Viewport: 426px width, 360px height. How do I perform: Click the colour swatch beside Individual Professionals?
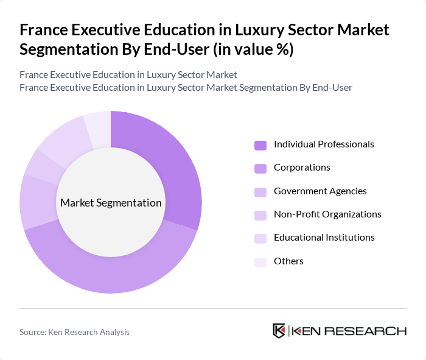[x=260, y=145]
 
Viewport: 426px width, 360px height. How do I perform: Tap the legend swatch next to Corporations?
[x=260, y=168]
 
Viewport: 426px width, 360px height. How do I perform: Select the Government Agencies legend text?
[x=320, y=191]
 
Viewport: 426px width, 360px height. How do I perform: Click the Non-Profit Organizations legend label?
[x=327, y=214]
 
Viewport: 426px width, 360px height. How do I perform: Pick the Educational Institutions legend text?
[x=324, y=238]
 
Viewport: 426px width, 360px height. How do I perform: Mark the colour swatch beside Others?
[x=260, y=262]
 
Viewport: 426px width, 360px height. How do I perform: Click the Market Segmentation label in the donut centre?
[x=111, y=203]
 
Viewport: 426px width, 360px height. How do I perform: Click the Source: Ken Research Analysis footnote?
[x=74, y=332]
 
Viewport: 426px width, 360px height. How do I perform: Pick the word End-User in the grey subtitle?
[x=333, y=87]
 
